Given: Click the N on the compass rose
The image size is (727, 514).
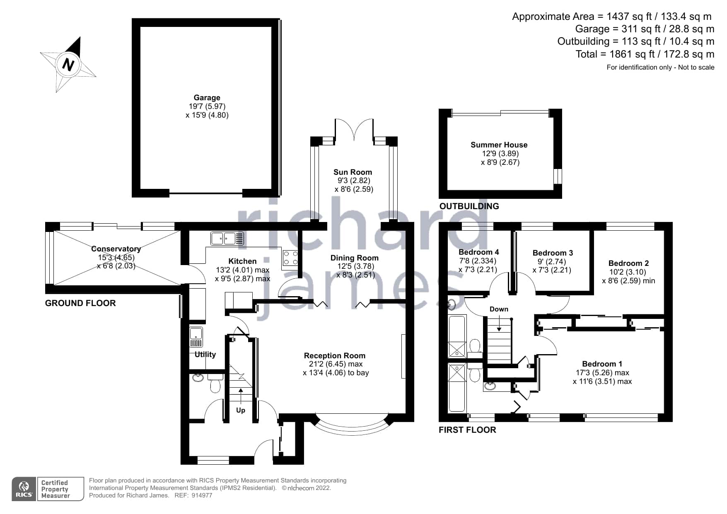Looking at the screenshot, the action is point(68,65).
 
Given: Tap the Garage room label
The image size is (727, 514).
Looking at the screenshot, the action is point(207,98).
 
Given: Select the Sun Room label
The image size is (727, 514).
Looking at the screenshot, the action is point(353,172).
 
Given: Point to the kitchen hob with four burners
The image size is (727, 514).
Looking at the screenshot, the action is point(290,258).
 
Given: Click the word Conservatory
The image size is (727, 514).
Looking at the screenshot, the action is point(116,249).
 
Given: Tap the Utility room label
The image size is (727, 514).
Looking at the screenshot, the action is point(205,354).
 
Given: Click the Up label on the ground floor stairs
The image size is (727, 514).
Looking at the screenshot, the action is point(241,410).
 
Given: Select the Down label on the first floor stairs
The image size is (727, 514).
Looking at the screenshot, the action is point(499,309).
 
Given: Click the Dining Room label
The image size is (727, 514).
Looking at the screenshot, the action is point(354,258).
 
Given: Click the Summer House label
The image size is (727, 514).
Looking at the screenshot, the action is point(499,145).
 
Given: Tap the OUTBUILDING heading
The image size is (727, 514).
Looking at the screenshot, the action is point(469,206).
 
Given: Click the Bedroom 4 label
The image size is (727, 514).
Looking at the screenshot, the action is point(478,252).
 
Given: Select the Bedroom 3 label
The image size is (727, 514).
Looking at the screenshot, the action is point(553,253).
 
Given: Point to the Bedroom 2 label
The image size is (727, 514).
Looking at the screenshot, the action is point(628,263).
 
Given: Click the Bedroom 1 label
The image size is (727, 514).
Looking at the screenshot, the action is point(602,364).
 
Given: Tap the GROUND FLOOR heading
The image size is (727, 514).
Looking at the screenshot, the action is point(80,303).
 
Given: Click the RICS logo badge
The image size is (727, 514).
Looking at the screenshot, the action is point(24,489).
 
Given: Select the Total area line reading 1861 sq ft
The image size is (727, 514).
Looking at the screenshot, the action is point(645,54).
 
